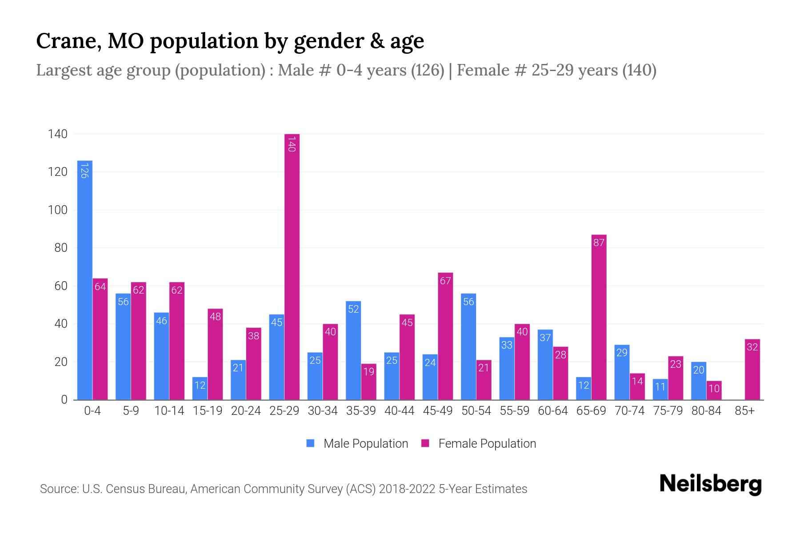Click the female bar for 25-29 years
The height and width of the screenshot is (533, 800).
pyautogui.click(x=292, y=266)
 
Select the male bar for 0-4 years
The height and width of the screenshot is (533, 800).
pyautogui.click(x=85, y=280)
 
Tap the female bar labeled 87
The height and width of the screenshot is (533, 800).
pyautogui.click(x=599, y=317)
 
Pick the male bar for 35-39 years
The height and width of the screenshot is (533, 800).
pyautogui.click(x=353, y=350)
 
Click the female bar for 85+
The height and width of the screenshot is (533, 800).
pyautogui.click(x=752, y=370)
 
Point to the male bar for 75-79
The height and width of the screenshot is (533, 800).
pyautogui.click(x=660, y=389)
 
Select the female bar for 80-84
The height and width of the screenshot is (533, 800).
pyautogui.click(x=714, y=390)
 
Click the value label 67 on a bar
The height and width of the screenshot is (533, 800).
pyautogui.click(x=445, y=281)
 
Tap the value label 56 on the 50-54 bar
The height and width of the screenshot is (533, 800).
pyautogui.click(x=468, y=302)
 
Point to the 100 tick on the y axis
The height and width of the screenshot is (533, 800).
pyautogui.click(x=58, y=210)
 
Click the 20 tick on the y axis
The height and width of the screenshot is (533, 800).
pyautogui.click(x=61, y=362)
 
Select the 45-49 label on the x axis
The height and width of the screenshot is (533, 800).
pyautogui.click(x=438, y=411)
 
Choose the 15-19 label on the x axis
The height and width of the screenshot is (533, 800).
pyautogui.click(x=208, y=411)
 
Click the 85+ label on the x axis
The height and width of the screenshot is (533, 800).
pyautogui.click(x=744, y=411)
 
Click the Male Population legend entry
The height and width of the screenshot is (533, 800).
pyautogui.click(x=365, y=444)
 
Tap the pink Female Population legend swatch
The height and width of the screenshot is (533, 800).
pyautogui.click(x=425, y=443)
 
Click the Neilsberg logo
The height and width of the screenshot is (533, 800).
pyautogui.click(x=710, y=484)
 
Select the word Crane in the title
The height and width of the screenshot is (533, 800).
pyautogui.click(x=64, y=41)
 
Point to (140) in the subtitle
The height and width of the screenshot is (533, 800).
pyautogui.click(x=639, y=70)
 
